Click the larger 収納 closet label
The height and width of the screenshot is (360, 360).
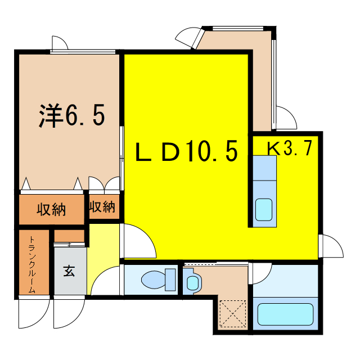coord(51,210)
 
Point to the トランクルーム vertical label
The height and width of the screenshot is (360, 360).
coord(31,264)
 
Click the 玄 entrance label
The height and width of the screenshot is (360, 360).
coord(68,271)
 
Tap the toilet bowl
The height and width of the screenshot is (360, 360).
coord(152,279)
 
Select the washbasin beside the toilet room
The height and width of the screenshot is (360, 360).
coord(191,282)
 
